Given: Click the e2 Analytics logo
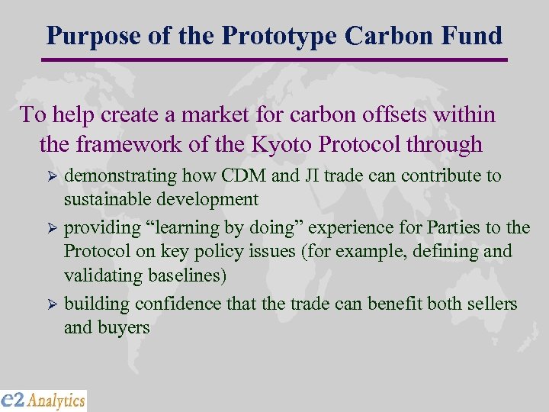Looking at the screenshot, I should click(43, 400).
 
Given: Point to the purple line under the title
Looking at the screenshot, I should click(274, 60).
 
